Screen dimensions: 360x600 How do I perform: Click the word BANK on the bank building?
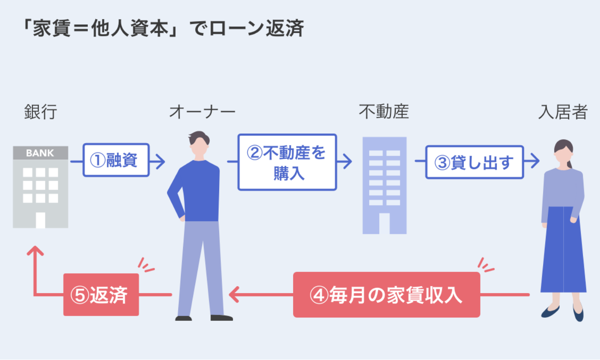(40, 153)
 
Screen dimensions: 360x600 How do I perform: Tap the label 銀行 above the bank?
(40, 112)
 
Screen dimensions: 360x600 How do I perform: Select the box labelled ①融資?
(116, 160)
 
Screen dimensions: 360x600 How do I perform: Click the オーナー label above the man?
(202, 112)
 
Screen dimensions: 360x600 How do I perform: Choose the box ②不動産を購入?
(287, 162)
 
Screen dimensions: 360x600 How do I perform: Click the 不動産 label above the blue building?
(384, 112)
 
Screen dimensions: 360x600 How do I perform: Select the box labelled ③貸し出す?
(474, 162)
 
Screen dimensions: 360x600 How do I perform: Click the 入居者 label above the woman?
(563, 112)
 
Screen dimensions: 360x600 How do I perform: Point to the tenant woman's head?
(563, 152)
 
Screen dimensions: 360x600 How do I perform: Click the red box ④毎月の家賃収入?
(386, 295)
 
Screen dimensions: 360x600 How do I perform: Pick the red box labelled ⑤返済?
(101, 295)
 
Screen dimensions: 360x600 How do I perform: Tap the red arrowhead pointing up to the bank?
(35, 251)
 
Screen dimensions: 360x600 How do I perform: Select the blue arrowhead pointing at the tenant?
(535, 161)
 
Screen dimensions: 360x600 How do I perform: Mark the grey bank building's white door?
(40, 220)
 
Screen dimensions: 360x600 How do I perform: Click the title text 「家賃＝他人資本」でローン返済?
(163, 29)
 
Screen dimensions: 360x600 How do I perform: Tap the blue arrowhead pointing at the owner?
(160, 161)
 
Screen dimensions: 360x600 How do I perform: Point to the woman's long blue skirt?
(563, 252)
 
